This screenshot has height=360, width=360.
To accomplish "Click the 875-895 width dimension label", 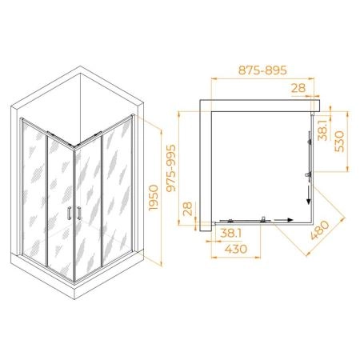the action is [x=262, y=70].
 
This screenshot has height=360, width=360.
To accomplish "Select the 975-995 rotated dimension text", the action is [x=171, y=168].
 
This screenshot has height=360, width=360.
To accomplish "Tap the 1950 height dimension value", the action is [x=154, y=198].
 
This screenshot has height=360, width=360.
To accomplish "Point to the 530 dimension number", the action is [x=339, y=141].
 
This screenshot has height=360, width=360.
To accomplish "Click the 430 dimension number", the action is [x=236, y=249].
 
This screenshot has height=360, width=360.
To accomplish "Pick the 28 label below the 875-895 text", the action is [x=298, y=88].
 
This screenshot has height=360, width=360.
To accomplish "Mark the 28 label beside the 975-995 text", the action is [x=188, y=209].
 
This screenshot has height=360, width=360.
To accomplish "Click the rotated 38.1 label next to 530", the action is [x=322, y=130].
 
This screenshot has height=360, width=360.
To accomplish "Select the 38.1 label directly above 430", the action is [x=231, y=234].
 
